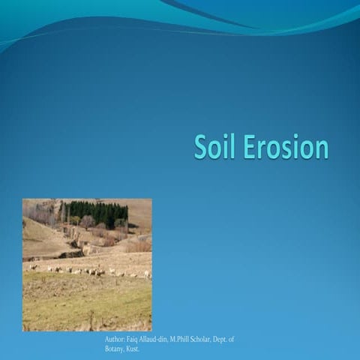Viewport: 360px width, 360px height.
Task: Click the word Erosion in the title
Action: (x=286, y=147)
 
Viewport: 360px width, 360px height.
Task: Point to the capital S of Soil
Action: (x=200, y=147)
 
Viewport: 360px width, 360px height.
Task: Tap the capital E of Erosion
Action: (x=250, y=147)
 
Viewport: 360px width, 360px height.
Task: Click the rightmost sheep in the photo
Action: (x=147, y=274)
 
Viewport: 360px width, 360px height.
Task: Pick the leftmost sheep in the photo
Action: (x=32, y=266)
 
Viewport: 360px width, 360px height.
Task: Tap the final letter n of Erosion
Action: (x=322, y=148)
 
